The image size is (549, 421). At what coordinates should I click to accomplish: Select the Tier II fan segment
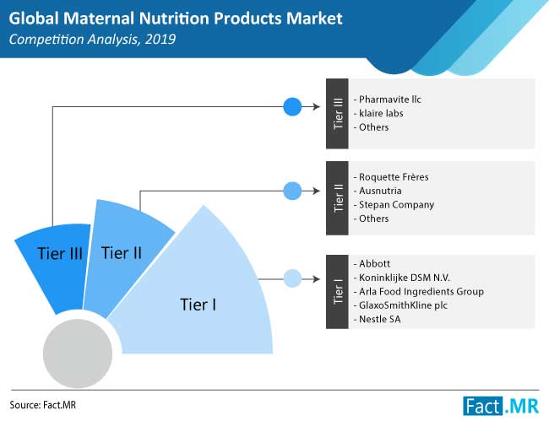click(x=122, y=256)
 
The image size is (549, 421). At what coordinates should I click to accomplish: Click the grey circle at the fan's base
click(x=78, y=354)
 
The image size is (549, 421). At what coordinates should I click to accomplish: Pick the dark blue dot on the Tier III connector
click(x=292, y=106)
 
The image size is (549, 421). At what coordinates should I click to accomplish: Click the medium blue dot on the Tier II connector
click(x=292, y=191)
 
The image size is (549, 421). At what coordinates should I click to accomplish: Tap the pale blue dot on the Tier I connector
click(x=292, y=278)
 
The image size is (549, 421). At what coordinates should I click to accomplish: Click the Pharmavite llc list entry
click(x=387, y=100)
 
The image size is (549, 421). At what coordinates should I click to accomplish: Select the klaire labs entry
click(x=378, y=113)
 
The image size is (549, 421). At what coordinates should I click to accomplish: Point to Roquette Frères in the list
click(x=391, y=177)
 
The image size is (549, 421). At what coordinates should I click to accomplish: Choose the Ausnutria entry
click(x=378, y=191)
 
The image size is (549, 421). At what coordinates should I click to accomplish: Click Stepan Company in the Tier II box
click(x=394, y=205)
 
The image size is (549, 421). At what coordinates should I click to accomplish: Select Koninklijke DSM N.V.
click(x=401, y=278)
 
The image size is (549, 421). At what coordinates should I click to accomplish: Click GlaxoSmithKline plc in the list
click(x=400, y=305)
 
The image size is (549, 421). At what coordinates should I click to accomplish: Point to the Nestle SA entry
click(x=377, y=319)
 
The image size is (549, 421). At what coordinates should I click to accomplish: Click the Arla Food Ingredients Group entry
click(x=418, y=292)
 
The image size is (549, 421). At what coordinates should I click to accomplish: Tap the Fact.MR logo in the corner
click(x=501, y=406)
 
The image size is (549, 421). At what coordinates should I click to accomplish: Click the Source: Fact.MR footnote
click(x=43, y=405)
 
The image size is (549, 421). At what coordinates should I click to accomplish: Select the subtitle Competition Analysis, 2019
click(x=92, y=39)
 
